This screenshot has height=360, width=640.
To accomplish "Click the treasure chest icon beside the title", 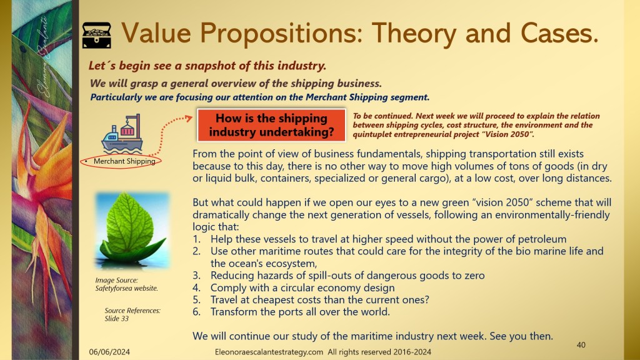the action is tap(97, 35).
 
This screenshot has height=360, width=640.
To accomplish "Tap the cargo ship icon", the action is tap(122, 134).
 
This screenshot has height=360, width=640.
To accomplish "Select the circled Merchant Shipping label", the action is tap(121, 161).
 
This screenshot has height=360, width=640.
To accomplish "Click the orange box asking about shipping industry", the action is tap(271, 125).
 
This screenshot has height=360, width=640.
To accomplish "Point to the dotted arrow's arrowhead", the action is tap(188, 118).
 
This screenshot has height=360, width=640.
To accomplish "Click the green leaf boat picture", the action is tap(132, 231).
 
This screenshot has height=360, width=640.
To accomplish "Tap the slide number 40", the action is tap(581, 345).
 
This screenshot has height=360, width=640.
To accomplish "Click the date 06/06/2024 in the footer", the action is tap(109, 352).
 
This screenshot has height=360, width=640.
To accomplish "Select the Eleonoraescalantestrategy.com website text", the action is tap(269, 352).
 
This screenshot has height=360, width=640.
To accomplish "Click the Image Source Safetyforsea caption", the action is tap(126, 284).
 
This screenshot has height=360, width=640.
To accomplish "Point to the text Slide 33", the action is tap(116, 319).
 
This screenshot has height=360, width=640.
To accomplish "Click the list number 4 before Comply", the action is tap(196, 287).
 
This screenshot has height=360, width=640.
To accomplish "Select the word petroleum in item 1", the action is tap(542, 239).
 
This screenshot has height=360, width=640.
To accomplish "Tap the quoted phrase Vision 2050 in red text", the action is tap(507, 134).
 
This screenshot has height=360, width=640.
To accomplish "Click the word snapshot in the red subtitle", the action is tap(212, 66).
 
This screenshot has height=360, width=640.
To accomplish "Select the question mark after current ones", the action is tap(426, 299).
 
